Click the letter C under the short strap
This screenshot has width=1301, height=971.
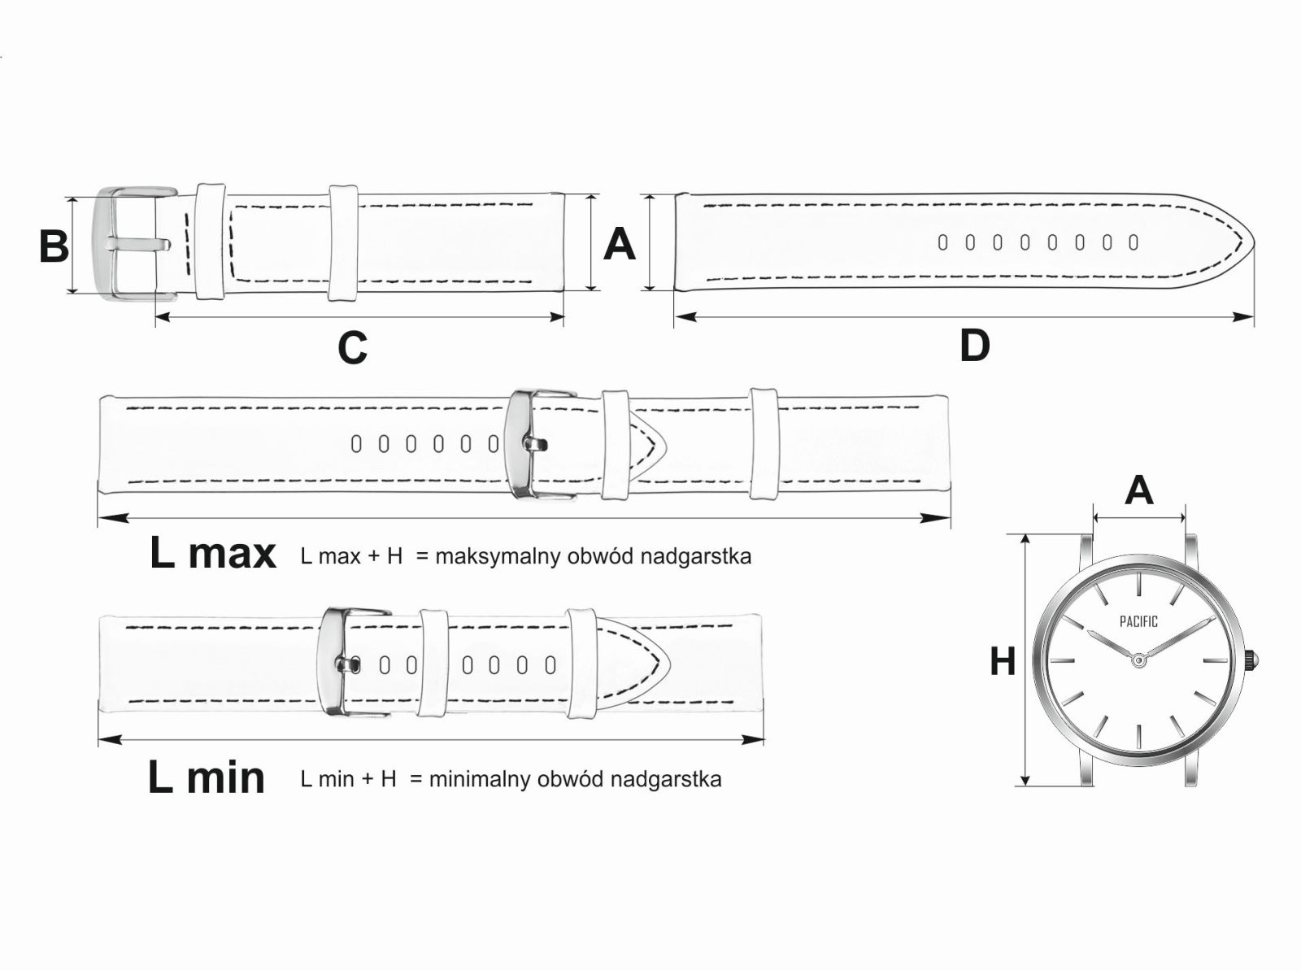click(352, 348)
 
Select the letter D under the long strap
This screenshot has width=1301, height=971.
click(974, 346)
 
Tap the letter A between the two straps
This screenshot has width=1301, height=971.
click(619, 244)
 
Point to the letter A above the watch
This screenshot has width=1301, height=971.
click(1138, 490)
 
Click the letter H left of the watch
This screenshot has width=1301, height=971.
click(1003, 661)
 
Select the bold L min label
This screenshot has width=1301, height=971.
click(207, 777)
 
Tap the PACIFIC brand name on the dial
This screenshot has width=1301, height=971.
click(1138, 622)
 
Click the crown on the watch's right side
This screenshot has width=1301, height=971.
click(1253, 660)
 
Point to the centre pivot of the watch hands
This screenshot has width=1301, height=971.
click(1138, 660)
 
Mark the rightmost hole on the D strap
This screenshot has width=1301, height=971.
click(1133, 242)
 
